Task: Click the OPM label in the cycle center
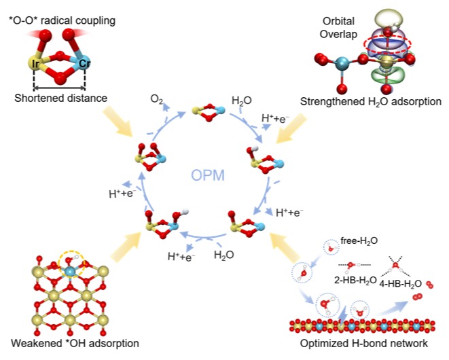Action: pos(208,175)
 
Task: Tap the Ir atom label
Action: pos(36,64)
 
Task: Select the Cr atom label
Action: pos(84,63)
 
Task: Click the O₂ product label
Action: pos(156,99)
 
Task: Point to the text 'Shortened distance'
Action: pos(60,98)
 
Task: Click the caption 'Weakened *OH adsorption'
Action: pos(75,343)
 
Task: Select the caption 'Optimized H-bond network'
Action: pos(364,343)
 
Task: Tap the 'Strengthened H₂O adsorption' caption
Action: pos(371,102)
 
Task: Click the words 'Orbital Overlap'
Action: pos(338,27)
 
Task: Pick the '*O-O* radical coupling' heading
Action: pos(62,20)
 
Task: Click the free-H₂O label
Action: pos(359,241)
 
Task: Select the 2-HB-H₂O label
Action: pos(355,281)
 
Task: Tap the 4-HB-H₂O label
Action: pos(401,284)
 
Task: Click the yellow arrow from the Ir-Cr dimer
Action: pos(118,122)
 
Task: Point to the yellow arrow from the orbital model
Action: pos(291,128)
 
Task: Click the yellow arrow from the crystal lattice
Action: pos(126,247)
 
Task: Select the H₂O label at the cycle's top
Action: pos(241,101)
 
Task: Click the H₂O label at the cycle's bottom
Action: pos(224,255)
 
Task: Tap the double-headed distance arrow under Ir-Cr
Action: pos(60,88)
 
